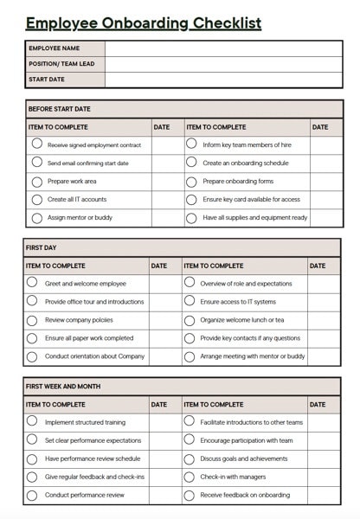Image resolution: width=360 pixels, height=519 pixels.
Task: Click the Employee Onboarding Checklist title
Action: (143, 23)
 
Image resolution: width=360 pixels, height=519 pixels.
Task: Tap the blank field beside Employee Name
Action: (223, 48)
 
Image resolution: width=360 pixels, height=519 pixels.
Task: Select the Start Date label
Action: (47, 80)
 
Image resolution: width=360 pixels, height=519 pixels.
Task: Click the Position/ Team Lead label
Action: (61, 64)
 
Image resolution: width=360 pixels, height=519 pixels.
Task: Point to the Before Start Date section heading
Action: (59, 109)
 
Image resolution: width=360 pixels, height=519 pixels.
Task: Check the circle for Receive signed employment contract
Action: (37, 144)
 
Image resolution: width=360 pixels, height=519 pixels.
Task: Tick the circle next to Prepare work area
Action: (37, 181)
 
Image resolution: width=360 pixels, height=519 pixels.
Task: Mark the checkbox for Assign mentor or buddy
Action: (37, 217)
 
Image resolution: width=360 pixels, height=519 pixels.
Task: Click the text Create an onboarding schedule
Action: (246, 163)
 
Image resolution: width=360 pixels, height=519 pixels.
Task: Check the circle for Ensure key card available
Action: (191, 199)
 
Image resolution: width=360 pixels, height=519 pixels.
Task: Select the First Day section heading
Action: (42, 247)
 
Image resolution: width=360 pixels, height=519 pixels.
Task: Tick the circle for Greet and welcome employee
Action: (32, 282)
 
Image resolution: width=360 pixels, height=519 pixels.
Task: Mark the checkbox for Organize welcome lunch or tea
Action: (189, 319)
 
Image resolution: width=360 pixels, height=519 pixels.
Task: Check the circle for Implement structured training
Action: (32, 421)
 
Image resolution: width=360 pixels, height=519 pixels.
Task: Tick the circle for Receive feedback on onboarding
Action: (189, 495)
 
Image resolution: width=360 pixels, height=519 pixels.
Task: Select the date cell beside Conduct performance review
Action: (164, 496)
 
